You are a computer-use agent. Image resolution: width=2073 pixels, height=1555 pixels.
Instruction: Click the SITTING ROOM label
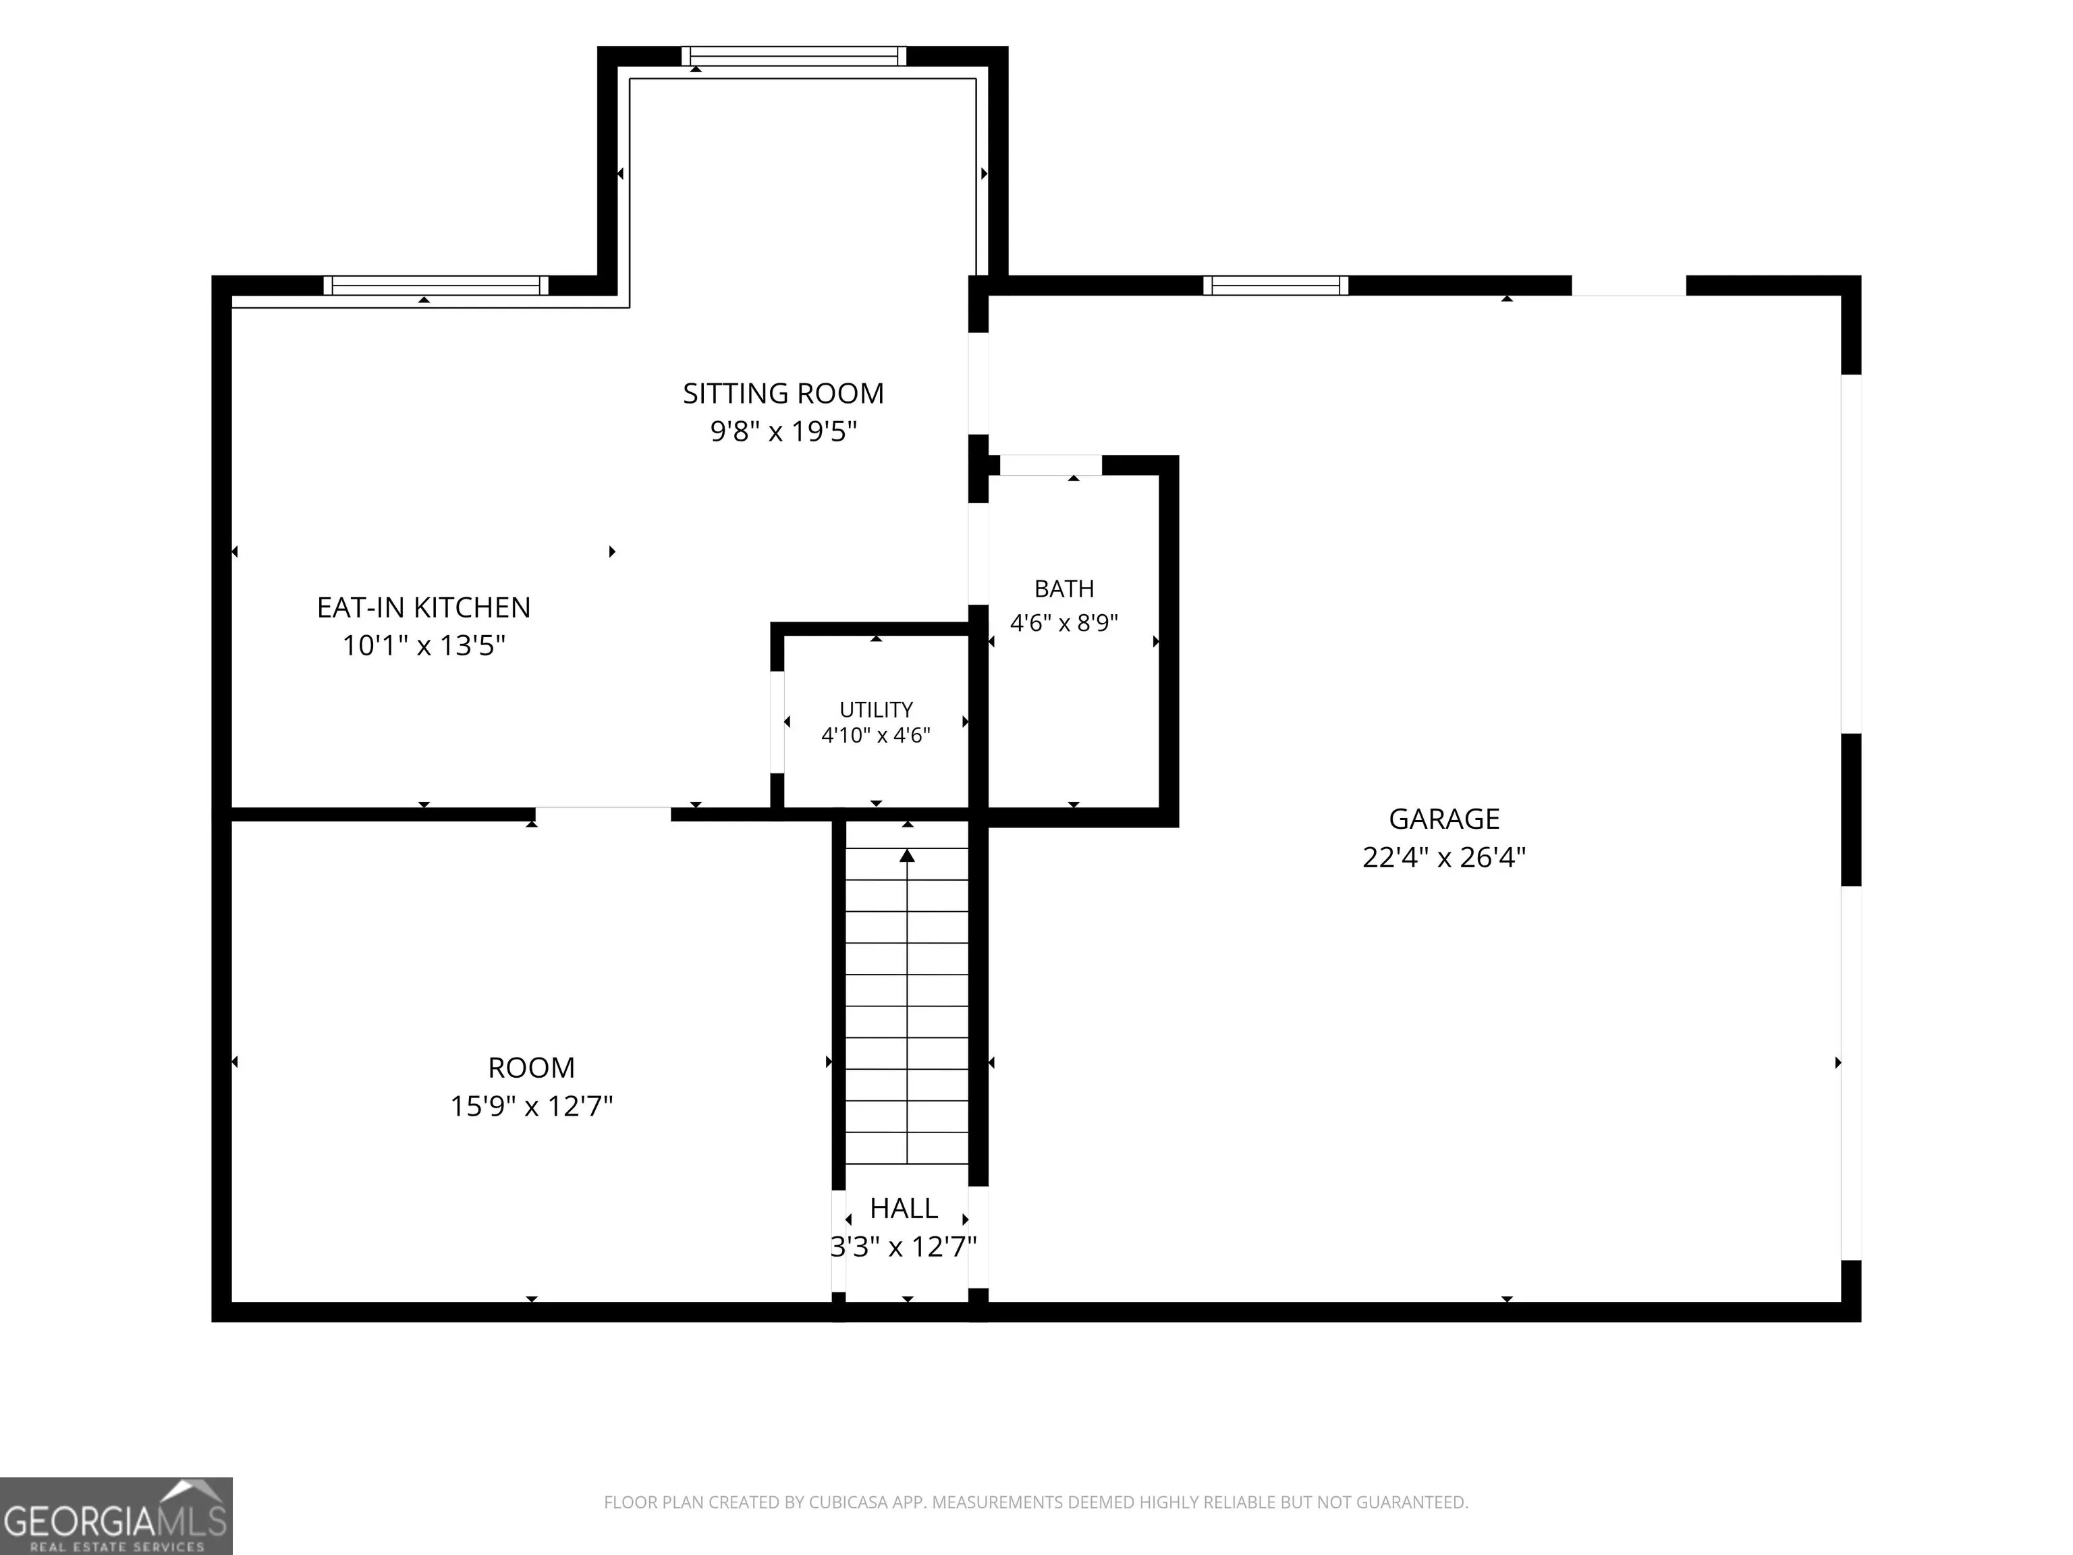pos(783,393)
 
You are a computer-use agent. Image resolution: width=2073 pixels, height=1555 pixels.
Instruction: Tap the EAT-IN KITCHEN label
pos(424,607)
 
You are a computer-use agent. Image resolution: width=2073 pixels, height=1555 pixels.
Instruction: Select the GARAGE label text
pos(1444,819)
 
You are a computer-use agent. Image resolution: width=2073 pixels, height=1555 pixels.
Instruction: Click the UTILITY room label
pos(877,709)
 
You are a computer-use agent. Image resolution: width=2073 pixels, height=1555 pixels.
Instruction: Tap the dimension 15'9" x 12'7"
pos(531,1106)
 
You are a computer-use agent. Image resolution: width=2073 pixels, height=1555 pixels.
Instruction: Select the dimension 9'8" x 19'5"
pos(783,431)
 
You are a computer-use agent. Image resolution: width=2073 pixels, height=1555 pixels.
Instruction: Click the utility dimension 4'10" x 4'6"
pos(877,735)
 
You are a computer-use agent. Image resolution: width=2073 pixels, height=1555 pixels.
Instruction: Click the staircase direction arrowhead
pos(907,855)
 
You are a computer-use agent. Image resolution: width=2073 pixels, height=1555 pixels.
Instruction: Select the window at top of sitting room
pos(794,56)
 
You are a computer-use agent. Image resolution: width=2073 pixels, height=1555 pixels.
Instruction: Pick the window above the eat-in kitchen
pos(436,285)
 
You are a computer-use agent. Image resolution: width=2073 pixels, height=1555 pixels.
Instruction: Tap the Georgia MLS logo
pos(116,1516)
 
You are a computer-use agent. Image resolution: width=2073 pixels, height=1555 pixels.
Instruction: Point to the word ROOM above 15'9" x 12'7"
pos(531,1068)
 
